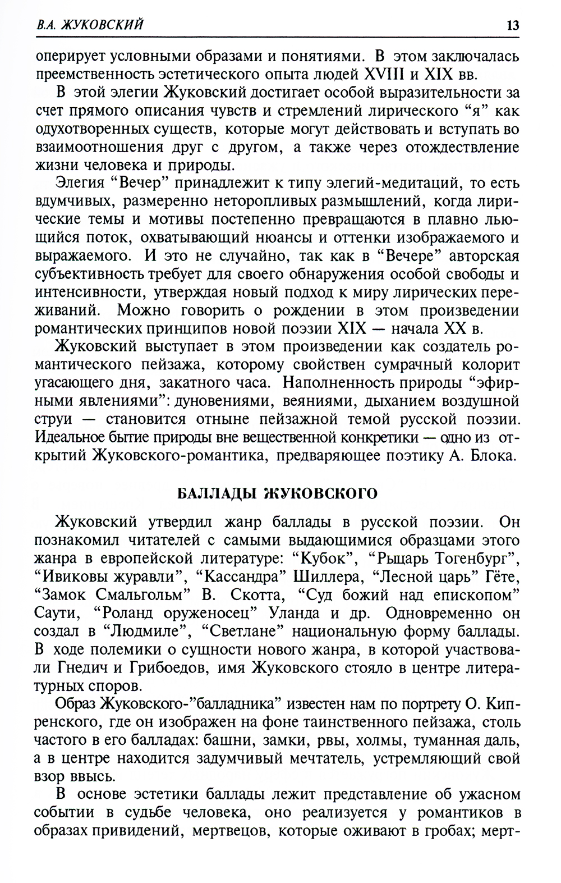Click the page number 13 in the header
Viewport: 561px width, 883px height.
(x=512, y=25)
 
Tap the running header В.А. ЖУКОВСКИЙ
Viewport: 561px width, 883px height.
(x=89, y=25)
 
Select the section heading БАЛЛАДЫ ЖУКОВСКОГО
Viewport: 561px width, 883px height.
(x=277, y=493)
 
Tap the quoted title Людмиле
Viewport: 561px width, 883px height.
(x=149, y=632)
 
